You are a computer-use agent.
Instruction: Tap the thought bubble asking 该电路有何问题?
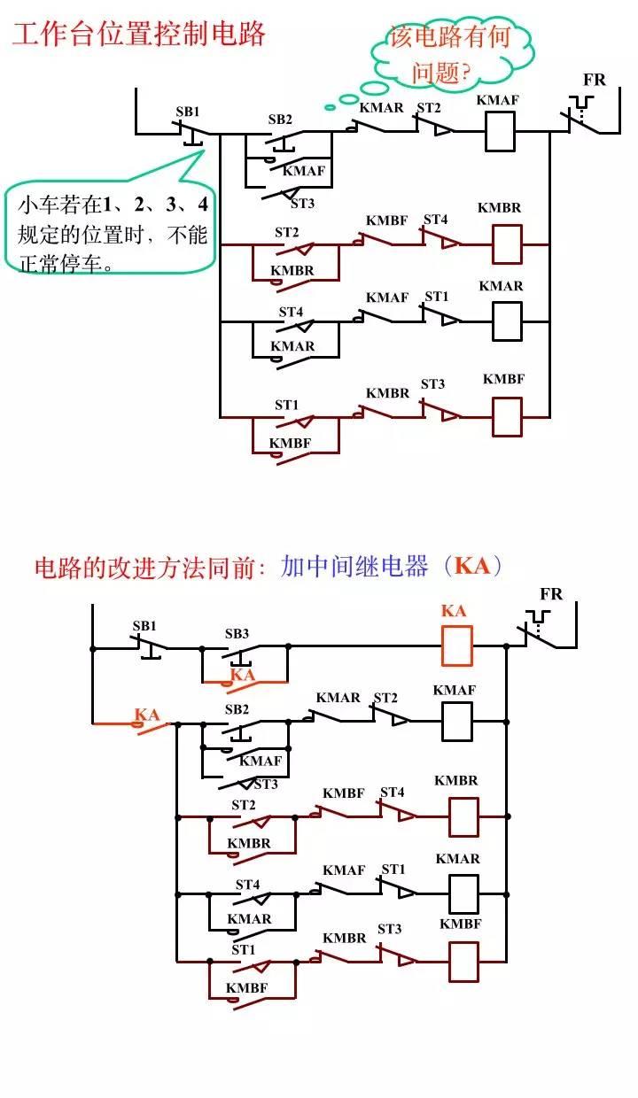(452, 55)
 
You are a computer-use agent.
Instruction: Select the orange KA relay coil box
(456, 646)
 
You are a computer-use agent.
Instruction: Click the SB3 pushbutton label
(237, 633)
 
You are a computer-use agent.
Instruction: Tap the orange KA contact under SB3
(243, 677)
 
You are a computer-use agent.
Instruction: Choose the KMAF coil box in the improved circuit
(456, 721)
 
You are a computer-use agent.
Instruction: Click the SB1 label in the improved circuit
(144, 626)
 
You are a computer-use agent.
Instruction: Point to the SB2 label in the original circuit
(280, 119)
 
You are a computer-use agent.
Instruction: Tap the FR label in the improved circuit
(551, 594)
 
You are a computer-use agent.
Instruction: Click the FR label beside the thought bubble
(595, 80)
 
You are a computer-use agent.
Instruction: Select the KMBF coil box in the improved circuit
(463, 961)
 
